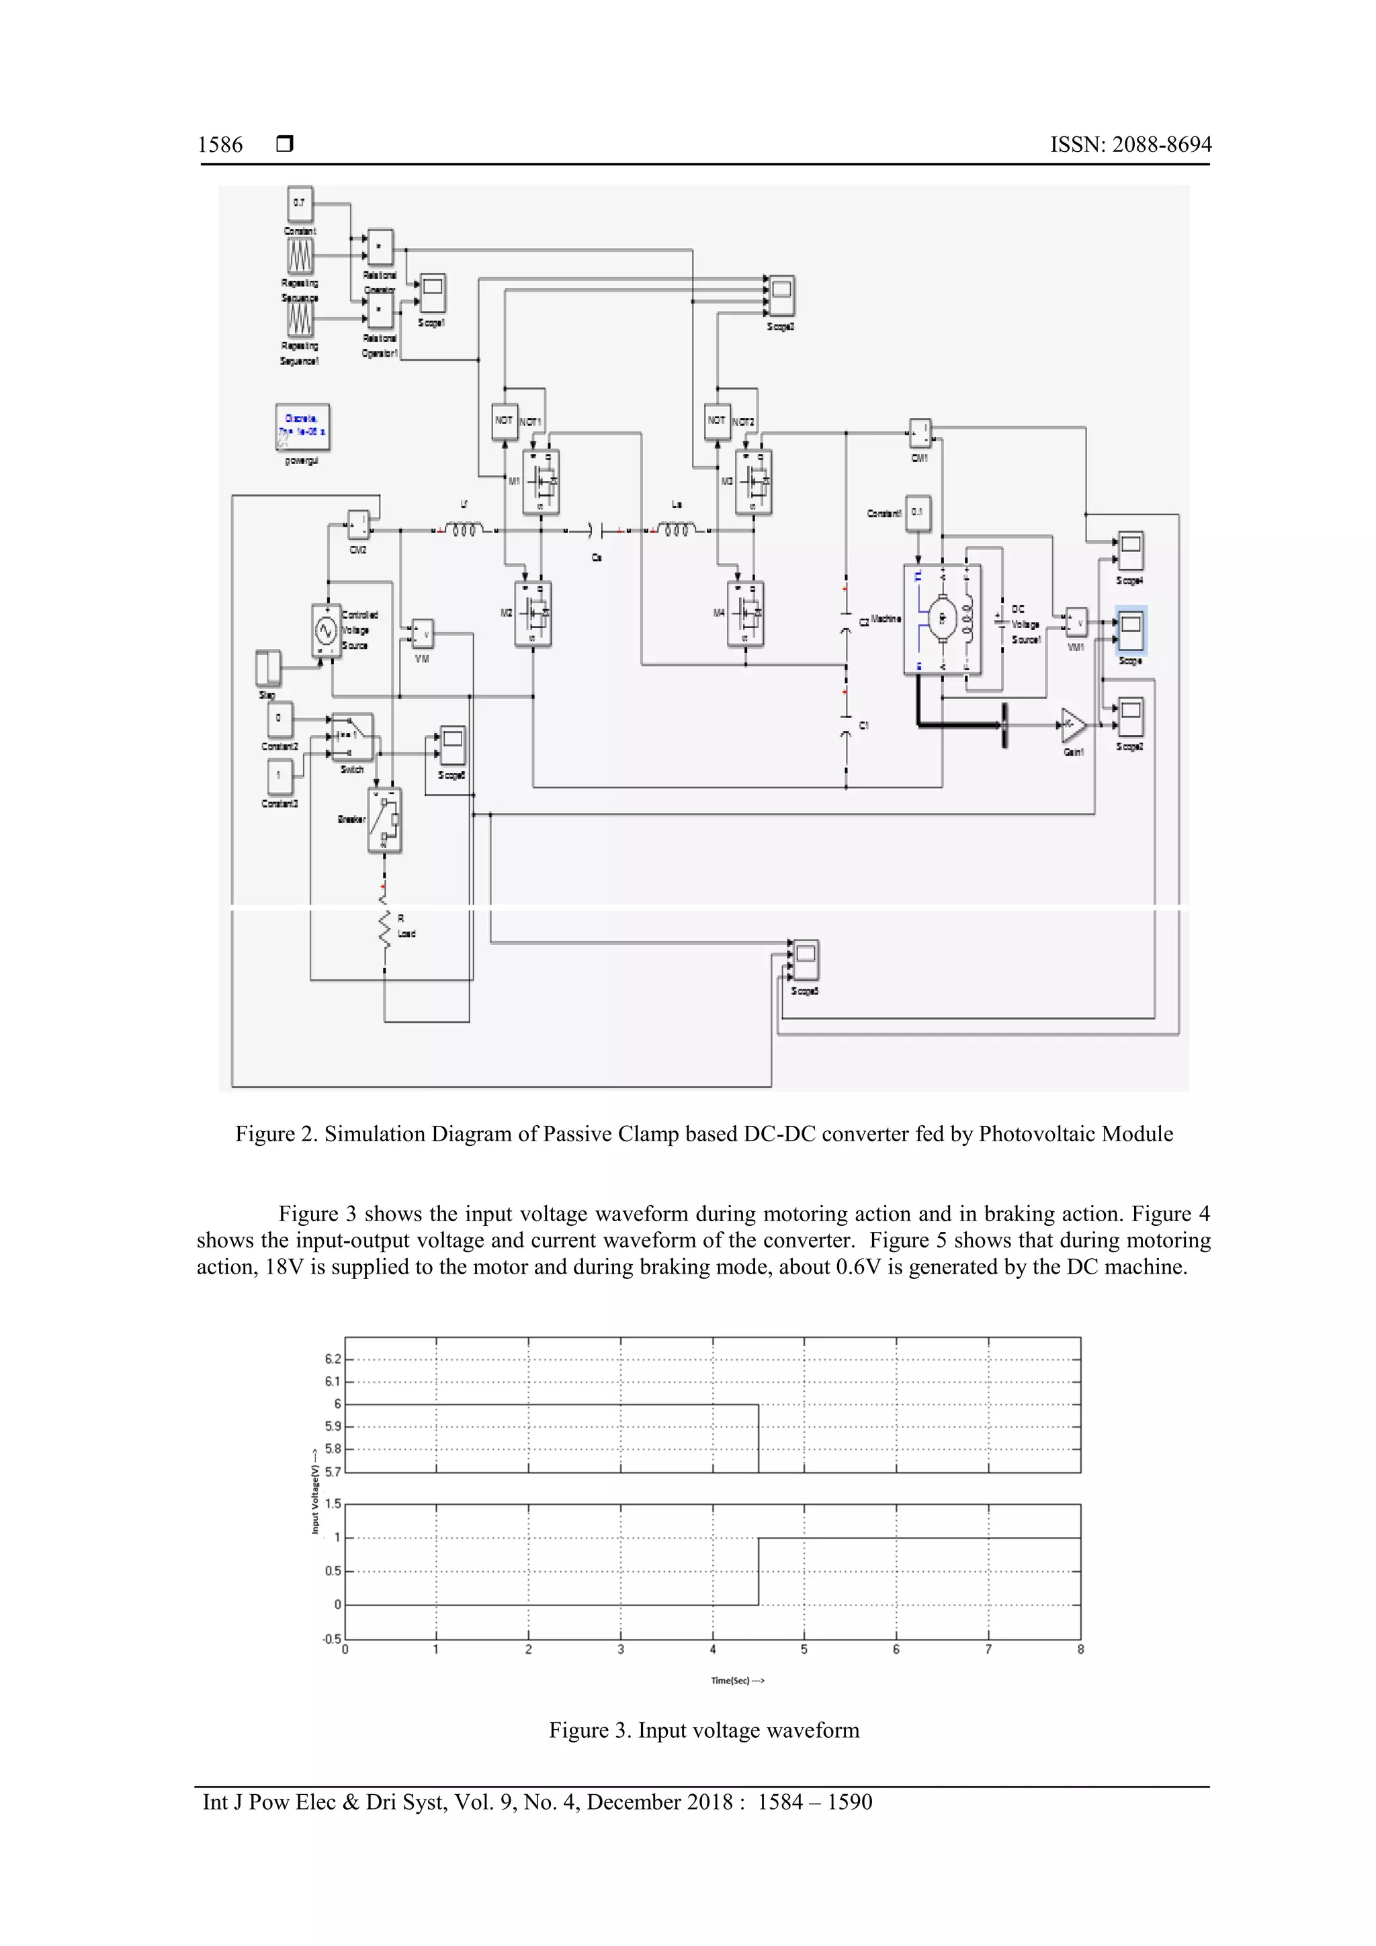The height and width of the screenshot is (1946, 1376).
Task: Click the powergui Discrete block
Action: point(302,427)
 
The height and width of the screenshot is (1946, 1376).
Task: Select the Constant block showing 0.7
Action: point(299,204)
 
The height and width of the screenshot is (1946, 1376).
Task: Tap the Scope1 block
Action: point(433,294)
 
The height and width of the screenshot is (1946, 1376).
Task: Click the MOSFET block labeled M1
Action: point(541,482)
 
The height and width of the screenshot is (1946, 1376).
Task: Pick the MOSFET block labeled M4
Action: point(745,613)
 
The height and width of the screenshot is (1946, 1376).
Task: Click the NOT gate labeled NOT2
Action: point(718,421)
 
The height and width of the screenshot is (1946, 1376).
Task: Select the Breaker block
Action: point(384,820)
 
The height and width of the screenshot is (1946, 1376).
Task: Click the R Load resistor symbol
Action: point(385,927)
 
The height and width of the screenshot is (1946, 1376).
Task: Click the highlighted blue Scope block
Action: point(1130,629)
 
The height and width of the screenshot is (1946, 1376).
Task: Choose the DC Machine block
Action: point(942,619)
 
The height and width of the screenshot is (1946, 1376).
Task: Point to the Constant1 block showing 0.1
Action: point(917,513)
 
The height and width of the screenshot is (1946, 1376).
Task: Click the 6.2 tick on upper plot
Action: point(333,1359)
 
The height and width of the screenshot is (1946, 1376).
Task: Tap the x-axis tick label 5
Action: point(804,1649)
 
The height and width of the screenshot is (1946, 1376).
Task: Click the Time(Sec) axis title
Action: point(737,1681)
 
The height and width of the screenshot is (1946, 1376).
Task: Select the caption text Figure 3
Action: point(703,1730)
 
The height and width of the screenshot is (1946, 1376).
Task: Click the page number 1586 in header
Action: point(220,145)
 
